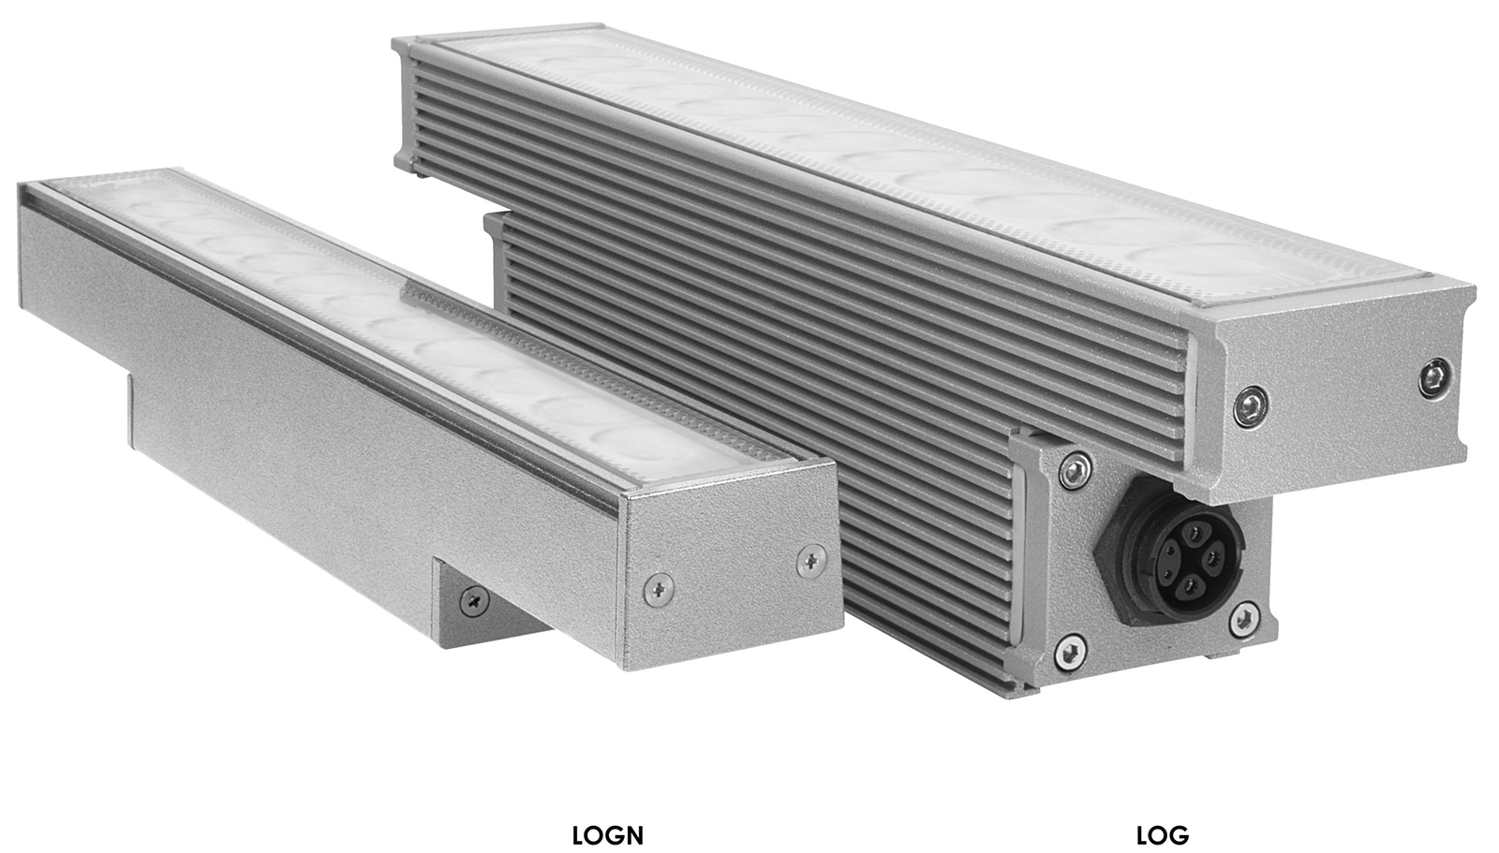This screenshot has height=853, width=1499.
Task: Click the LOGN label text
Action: tap(608, 835)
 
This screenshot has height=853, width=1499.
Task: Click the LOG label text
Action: tap(1163, 835)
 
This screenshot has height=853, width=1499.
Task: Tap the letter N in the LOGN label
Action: tap(633, 835)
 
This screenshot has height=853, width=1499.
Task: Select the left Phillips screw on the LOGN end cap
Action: tap(659, 590)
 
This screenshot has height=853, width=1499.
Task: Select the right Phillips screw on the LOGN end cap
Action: tap(811, 561)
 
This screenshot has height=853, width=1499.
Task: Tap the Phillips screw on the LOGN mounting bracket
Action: tap(474, 601)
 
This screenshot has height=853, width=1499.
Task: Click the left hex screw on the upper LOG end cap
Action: tap(1251, 406)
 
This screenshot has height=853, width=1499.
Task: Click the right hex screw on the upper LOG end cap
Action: tap(1436, 377)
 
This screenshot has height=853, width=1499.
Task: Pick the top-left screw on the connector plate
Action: tap(1076, 470)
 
